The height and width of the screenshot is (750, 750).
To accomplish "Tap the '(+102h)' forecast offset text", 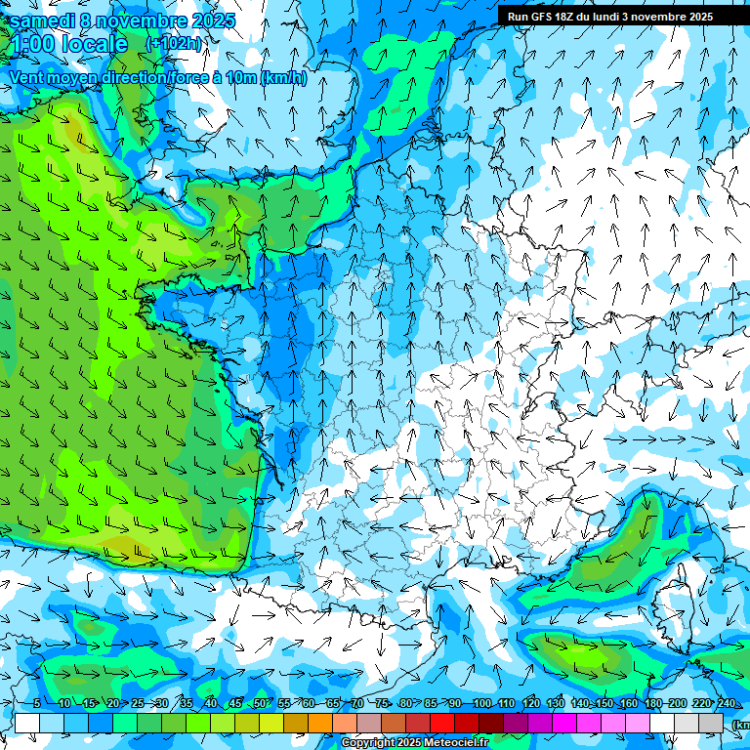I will point(174,43).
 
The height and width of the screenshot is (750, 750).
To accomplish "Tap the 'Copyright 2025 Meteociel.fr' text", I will point(414,743).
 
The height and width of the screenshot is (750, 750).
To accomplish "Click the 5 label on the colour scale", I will point(36,704).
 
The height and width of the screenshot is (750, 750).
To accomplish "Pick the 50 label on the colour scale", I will point(260,704).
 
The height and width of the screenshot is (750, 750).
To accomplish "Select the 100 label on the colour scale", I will point(481,704).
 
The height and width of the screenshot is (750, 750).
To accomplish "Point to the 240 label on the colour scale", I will point(727,704).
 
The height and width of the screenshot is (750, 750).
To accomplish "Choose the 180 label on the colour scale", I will point(652,704).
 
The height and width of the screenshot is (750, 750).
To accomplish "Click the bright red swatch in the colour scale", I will point(442,723).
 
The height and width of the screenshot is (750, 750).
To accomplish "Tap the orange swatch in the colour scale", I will point(320,723).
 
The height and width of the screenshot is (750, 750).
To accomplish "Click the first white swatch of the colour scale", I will point(27,723).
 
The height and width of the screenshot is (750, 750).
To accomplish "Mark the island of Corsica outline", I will point(674,601).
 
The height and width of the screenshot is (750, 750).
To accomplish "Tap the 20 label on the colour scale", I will point(113,704).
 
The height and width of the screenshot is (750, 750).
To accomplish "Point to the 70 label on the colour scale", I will point(357,704).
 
